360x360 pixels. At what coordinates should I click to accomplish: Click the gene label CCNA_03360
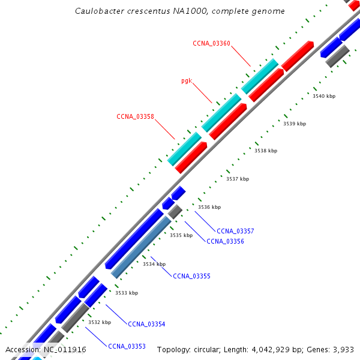point(211,43)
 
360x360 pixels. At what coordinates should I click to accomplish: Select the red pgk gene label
point(187,80)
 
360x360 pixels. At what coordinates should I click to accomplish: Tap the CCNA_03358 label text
point(135,116)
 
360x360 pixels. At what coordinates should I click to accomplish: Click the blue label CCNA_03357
point(235,231)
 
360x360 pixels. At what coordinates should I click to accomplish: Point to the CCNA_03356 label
point(225,241)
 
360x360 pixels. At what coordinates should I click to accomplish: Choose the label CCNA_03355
point(191,276)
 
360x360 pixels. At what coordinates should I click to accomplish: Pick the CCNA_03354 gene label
point(146,324)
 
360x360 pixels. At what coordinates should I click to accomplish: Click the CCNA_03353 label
point(127,346)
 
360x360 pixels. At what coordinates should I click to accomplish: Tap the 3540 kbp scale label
point(324,96)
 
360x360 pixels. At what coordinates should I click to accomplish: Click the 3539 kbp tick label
point(295,124)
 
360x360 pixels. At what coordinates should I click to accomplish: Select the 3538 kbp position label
point(266,151)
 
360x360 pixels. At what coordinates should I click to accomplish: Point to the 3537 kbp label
point(238,179)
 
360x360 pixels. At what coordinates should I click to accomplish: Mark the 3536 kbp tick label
point(209,207)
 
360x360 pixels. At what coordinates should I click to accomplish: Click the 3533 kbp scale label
point(127,293)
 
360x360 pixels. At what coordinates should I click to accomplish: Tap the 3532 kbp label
point(100,322)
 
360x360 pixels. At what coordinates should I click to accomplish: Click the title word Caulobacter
point(100,11)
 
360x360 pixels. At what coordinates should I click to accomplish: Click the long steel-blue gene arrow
point(146,247)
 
